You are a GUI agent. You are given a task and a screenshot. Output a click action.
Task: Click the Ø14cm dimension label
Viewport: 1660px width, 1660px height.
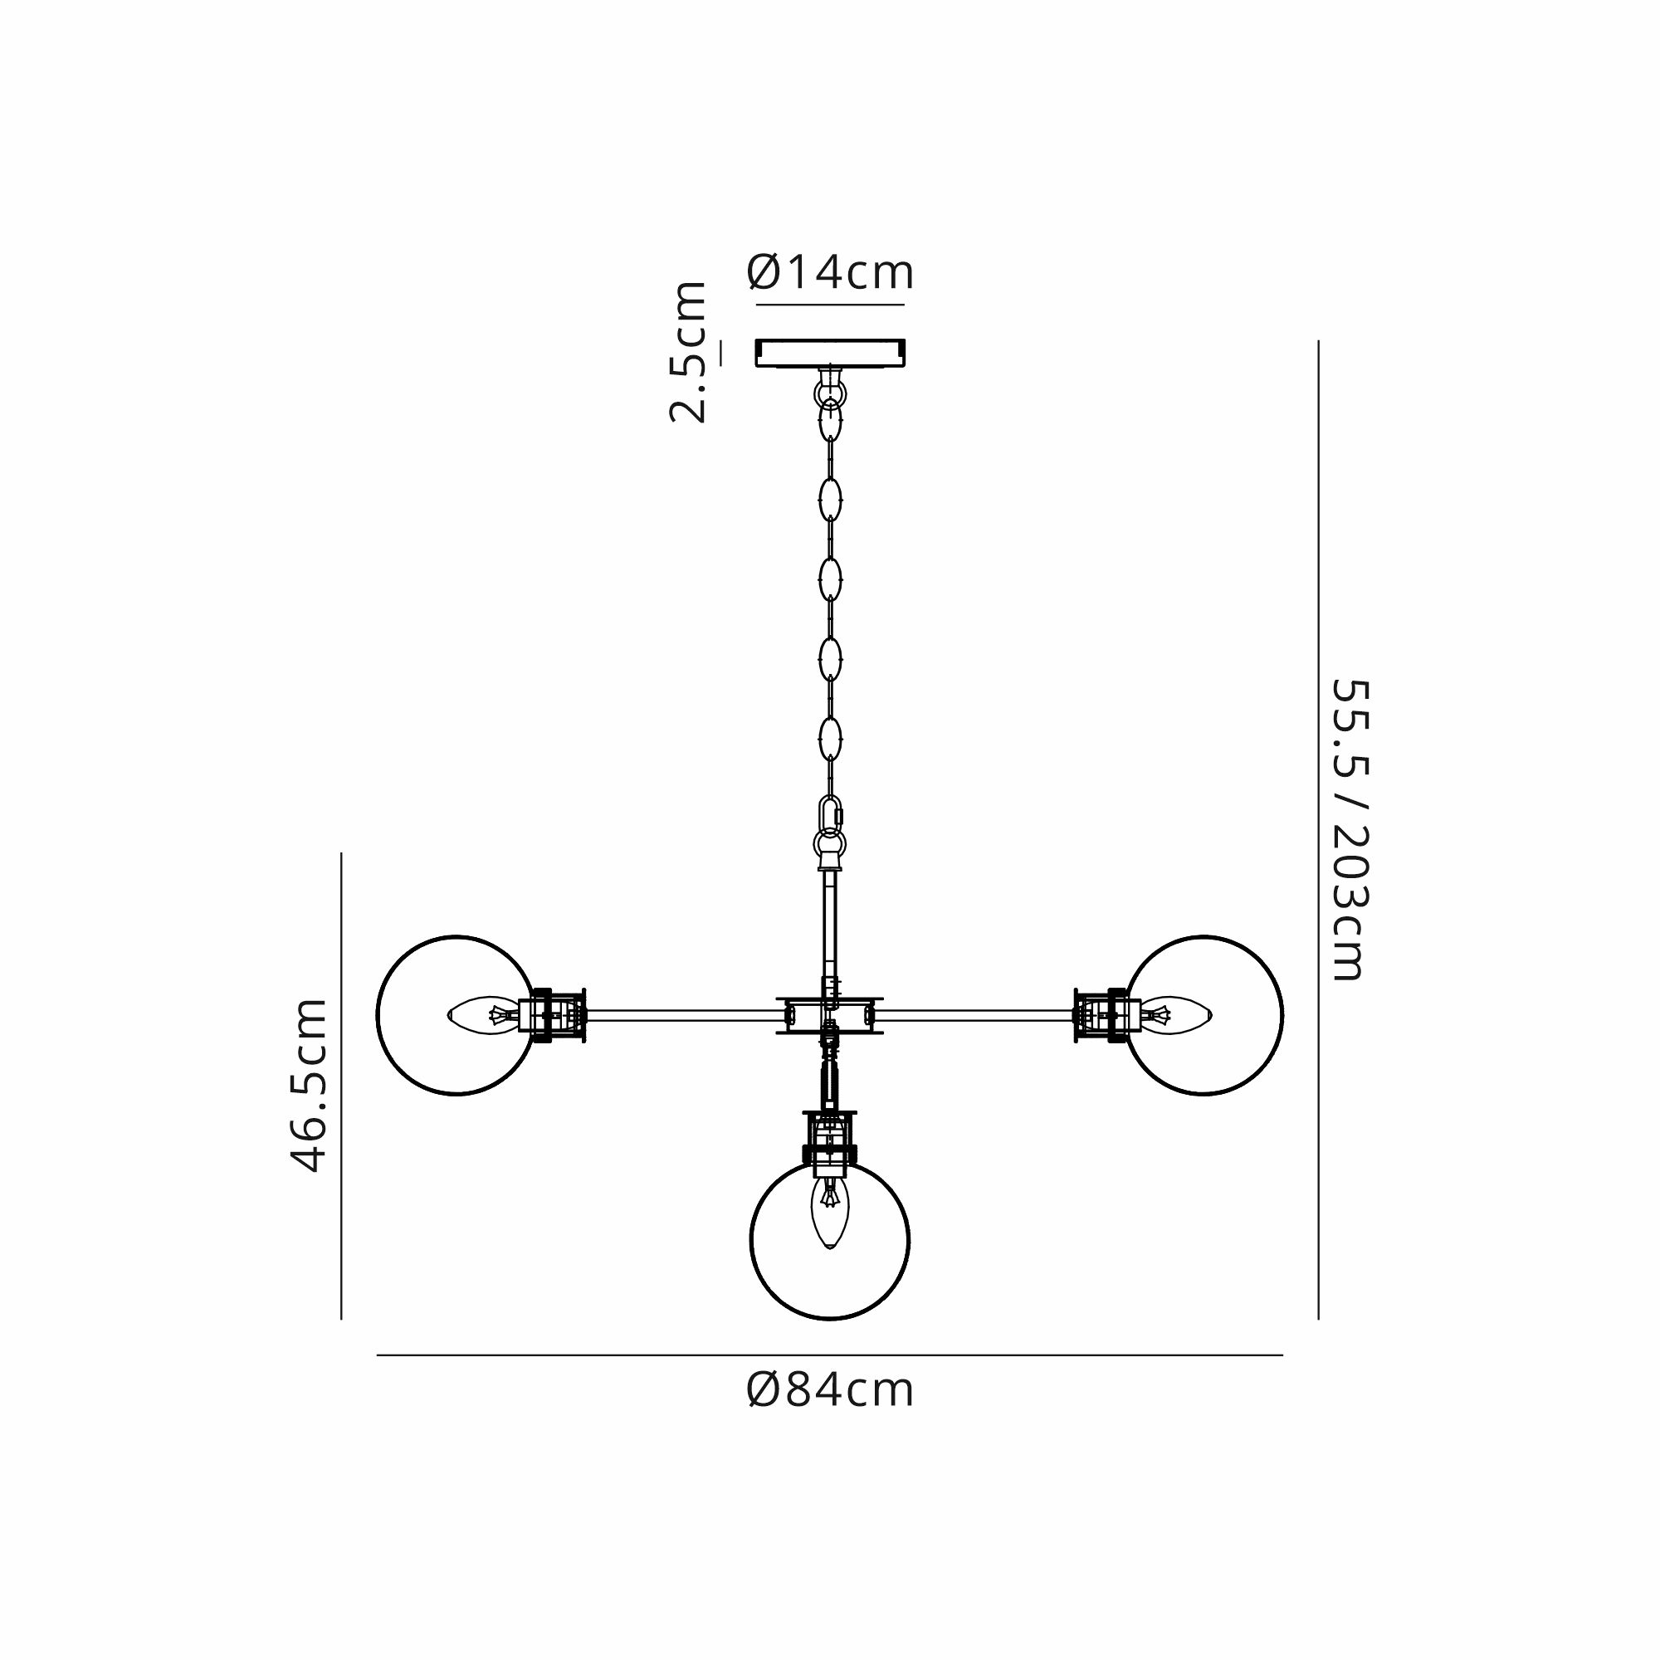coord(830,272)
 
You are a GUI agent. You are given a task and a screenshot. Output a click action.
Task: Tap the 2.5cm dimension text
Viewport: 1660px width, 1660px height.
coord(688,352)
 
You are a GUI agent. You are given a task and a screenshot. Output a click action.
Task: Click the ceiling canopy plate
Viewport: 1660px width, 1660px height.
coord(830,352)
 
